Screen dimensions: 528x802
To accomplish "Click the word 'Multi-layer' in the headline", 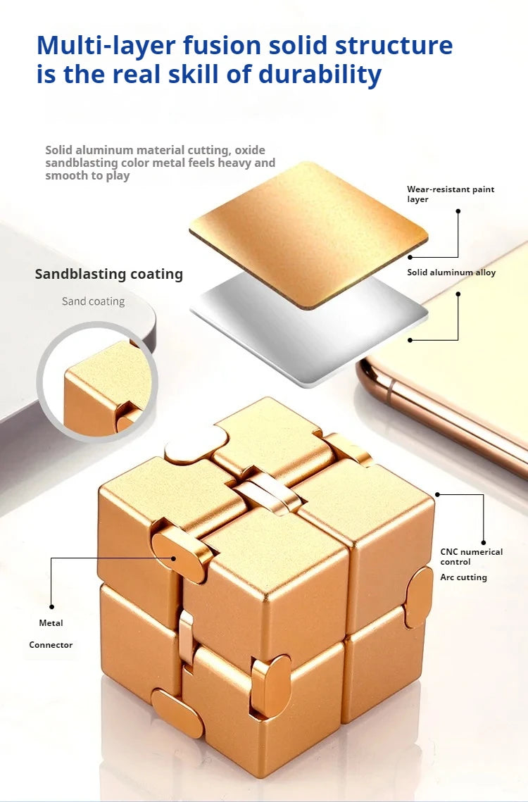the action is point(106,46).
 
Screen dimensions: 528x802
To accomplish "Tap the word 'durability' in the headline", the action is point(320,74).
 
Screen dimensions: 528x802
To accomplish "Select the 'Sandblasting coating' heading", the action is point(109,274).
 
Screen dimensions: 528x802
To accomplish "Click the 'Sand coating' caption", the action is point(93,301).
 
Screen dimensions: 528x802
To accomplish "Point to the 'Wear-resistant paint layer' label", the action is point(451,194).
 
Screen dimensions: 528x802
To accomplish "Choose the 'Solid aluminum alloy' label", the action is point(451,272).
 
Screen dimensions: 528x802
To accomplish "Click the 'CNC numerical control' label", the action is point(471,556).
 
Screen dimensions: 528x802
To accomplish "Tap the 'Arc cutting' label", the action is point(463,577).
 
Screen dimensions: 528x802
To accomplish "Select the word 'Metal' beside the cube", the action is point(51,623).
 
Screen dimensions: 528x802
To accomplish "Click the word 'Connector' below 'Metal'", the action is point(51,645).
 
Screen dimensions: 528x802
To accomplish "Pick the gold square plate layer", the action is point(308,234).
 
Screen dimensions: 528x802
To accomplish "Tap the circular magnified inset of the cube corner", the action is point(97,382).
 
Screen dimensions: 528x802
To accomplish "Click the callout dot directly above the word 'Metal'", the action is point(51,607).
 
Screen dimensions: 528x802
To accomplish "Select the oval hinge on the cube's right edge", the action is point(419,597).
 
